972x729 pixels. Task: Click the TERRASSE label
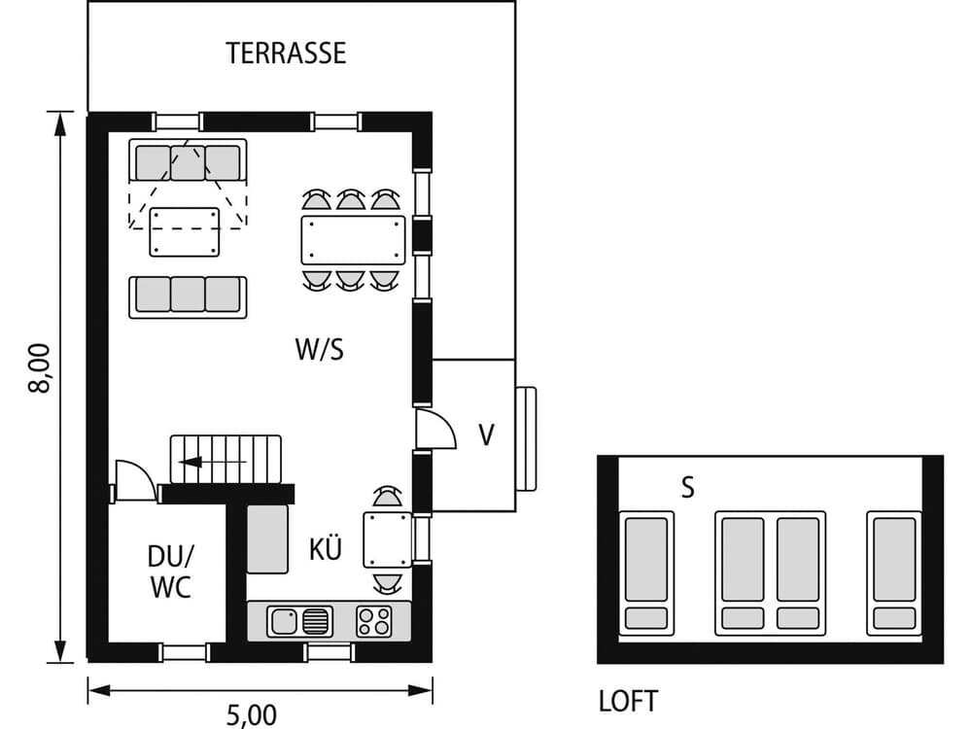pyautogui.click(x=286, y=53)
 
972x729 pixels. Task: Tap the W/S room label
pyautogui.click(x=320, y=350)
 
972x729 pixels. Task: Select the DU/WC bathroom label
pyautogui.click(x=170, y=573)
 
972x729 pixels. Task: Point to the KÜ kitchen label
pyautogui.click(x=326, y=550)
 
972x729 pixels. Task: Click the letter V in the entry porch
pyautogui.click(x=486, y=434)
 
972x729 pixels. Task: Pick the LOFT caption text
pyautogui.click(x=628, y=701)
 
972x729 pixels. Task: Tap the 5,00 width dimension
pyautogui.click(x=252, y=714)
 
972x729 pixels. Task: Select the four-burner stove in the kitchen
pyautogui.click(x=374, y=620)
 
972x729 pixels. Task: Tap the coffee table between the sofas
pyautogui.click(x=185, y=231)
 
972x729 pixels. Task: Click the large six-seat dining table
pyautogui.click(x=353, y=240)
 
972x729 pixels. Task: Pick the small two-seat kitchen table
pyautogui.click(x=387, y=539)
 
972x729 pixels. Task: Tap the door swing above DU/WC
pyautogui.click(x=133, y=479)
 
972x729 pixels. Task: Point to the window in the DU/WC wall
pyautogui.click(x=184, y=651)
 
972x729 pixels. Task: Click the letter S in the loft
pyautogui.click(x=687, y=488)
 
